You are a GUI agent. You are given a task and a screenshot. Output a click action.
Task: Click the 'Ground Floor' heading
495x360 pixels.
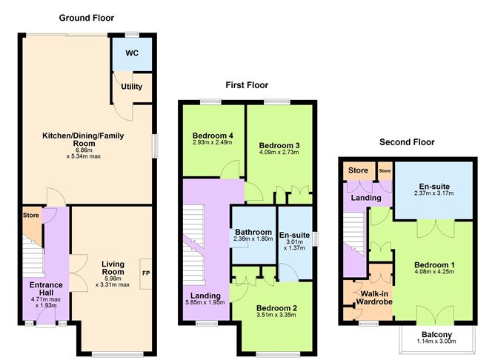(87, 16)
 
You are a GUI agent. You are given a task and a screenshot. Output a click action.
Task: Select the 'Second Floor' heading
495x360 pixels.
(407, 141)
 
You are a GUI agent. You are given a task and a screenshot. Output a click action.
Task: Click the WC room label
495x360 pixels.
(132, 54)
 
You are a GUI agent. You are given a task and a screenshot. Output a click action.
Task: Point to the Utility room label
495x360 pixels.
(132, 87)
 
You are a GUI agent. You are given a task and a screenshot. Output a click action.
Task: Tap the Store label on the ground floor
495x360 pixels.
(30, 216)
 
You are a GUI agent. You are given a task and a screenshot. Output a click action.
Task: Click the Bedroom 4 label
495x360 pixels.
(212, 136)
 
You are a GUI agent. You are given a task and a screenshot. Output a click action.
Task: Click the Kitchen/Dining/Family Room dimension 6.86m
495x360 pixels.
(82, 148)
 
